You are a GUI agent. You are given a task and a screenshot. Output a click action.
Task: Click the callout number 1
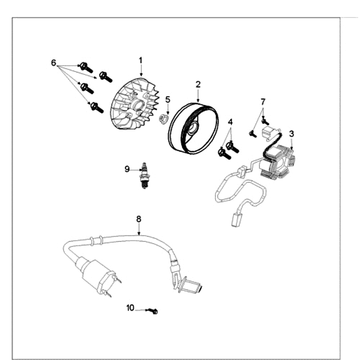(140, 60)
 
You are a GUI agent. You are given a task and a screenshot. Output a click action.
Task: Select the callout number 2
(198, 84)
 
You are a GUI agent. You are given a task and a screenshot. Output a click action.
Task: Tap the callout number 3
(292, 134)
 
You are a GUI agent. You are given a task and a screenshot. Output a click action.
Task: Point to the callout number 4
(230, 122)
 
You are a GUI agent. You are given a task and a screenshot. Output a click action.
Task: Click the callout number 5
(167, 99)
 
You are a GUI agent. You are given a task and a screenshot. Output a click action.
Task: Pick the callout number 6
(54, 63)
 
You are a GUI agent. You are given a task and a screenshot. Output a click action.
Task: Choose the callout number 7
(263, 102)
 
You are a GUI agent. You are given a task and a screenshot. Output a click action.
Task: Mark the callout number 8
(139, 219)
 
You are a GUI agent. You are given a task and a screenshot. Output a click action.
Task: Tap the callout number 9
(127, 169)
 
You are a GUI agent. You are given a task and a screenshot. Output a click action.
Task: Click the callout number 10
(130, 308)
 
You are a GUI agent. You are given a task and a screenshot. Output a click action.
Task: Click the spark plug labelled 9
(145, 175)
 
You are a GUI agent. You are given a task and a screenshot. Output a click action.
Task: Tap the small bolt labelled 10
(154, 311)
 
